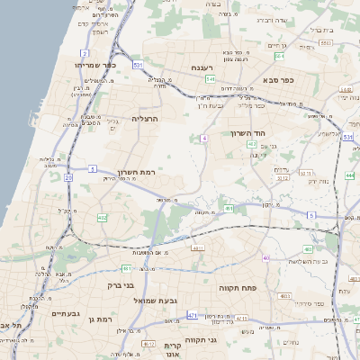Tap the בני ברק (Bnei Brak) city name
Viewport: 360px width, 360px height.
[117, 286]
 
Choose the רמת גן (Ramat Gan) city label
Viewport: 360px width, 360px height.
[102, 319]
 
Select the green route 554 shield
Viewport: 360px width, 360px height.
[280, 58]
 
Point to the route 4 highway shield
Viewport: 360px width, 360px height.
[204, 138]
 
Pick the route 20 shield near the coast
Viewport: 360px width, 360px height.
[67, 177]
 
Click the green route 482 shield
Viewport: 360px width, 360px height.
[103, 218]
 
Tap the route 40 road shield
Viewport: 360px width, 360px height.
[266, 258]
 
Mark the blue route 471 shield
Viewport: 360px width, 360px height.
[193, 316]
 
